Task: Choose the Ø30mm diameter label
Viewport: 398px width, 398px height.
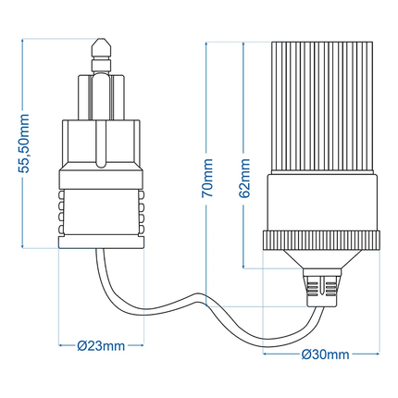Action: (325, 354)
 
